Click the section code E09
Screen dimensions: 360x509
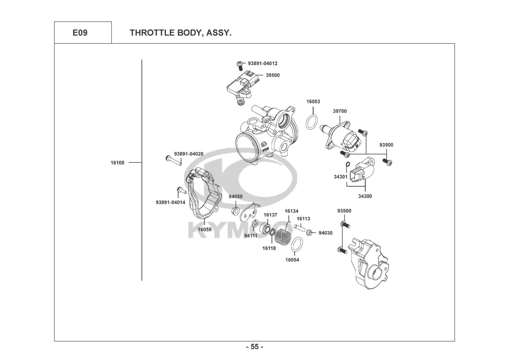[80, 33]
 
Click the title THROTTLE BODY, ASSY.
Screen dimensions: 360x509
[180, 33]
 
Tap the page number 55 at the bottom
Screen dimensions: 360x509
[254, 347]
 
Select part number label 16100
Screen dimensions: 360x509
[117, 163]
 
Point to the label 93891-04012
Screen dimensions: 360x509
[263, 63]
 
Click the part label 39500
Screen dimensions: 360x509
[273, 75]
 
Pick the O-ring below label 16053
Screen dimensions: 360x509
[312, 122]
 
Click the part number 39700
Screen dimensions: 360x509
[340, 111]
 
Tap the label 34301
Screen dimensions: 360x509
[340, 177]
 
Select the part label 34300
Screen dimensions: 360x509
[365, 196]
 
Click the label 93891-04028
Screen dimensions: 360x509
[188, 154]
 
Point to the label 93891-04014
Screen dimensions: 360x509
[171, 202]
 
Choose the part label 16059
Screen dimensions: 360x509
[204, 229]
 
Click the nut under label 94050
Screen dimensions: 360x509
[234, 210]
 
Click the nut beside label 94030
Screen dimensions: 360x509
[309, 233]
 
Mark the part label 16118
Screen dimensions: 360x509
[269, 248]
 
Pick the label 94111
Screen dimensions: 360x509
[250, 236]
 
